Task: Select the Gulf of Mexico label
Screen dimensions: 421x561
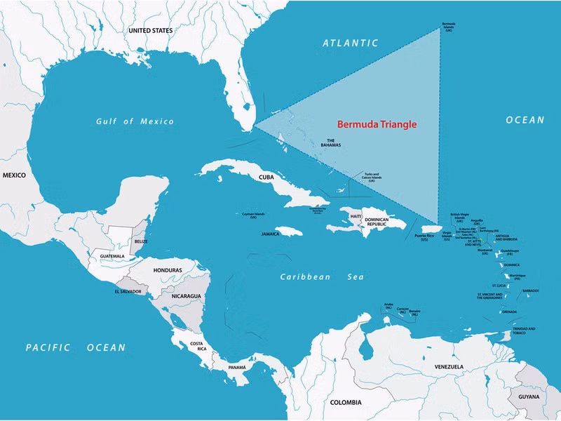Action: pos(135,121)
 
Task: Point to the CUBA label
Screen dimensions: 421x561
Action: pos(266,178)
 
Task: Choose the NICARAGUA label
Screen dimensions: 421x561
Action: pos(187,296)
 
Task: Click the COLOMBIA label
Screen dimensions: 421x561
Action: pos(346,403)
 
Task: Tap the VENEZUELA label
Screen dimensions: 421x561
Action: pos(449,366)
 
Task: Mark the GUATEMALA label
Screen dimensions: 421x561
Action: pos(111,256)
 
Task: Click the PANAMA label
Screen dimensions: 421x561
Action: pos(236,367)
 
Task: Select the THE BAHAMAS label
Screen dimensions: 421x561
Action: pos(330,143)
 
